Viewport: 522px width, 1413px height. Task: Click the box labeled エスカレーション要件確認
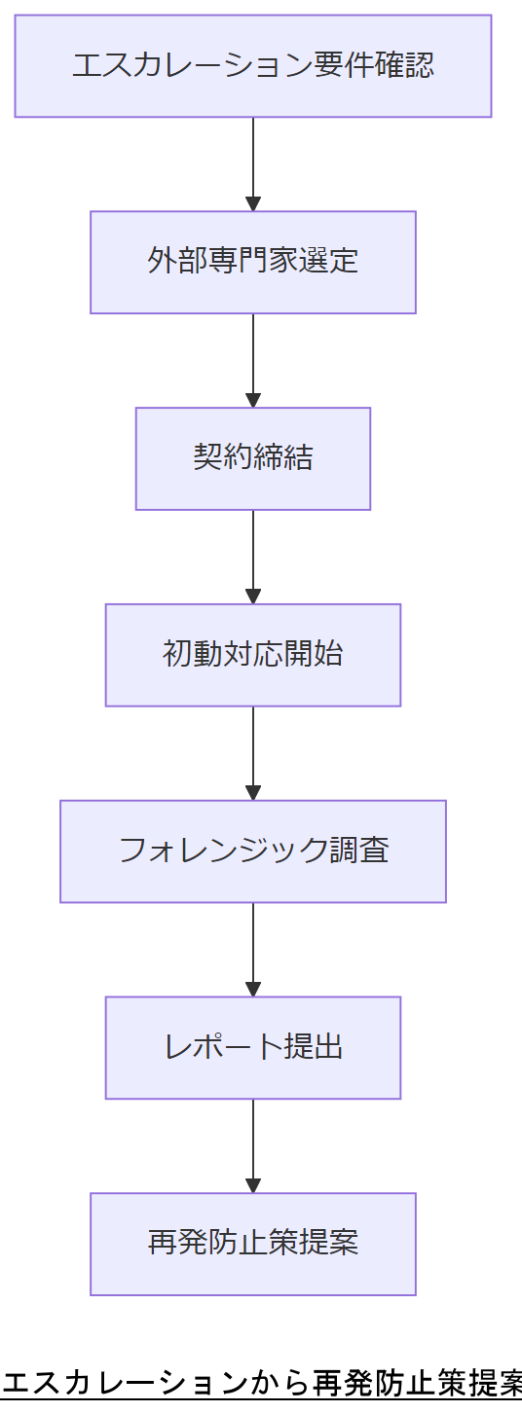(253, 66)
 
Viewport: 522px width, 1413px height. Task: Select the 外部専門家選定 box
(253, 262)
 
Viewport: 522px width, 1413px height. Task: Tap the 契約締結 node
(253, 458)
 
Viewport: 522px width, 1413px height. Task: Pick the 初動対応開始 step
(253, 654)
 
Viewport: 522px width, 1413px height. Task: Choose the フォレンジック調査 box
(253, 851)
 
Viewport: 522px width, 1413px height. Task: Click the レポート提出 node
(253, 1047)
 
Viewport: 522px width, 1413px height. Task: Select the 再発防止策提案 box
(253, 1244)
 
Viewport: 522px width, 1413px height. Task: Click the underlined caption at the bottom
(261, 1383)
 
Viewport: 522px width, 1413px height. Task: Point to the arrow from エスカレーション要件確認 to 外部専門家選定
(253, 161)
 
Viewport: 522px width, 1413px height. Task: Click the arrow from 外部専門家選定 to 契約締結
(253, 357)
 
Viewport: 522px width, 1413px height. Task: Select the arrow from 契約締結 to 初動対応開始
(253, 554)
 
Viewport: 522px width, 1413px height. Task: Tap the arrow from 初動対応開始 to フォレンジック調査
(253, 749)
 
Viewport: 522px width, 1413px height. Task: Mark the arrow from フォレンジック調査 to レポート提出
(253, 946)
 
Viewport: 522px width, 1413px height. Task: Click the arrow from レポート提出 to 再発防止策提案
(253, 1142)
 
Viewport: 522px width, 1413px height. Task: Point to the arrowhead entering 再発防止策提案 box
(253, 1185)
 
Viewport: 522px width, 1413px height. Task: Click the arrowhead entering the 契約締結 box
(253, 400)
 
